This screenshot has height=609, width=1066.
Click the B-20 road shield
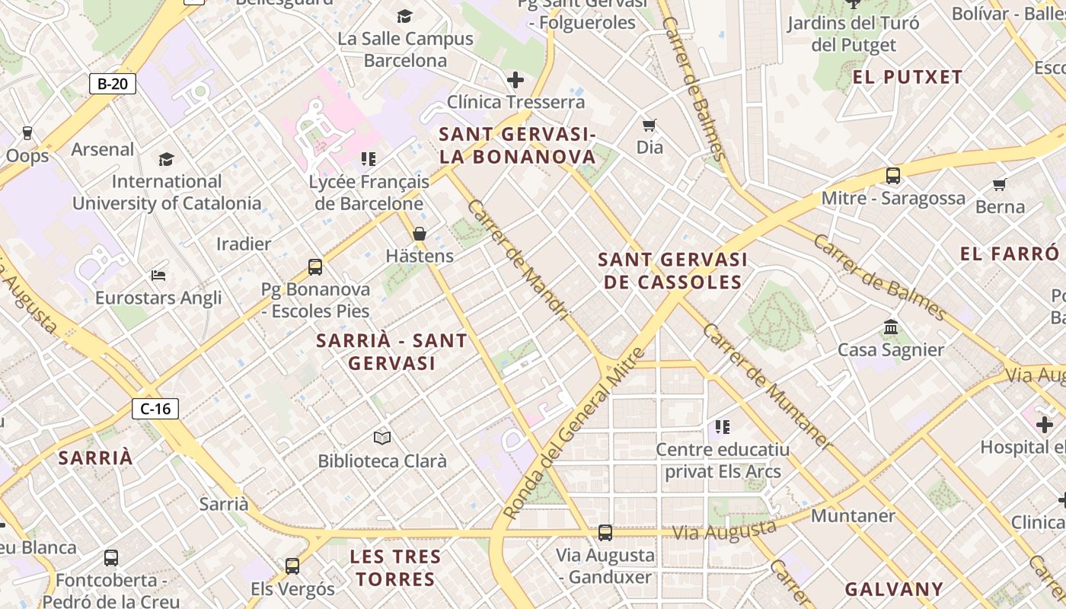point(113,83)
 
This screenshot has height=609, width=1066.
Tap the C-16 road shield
point(155,409)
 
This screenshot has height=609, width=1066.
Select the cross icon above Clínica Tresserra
point(515,79)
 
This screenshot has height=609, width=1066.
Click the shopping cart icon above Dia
point(649,125)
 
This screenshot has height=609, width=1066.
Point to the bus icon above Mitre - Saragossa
point(893,176)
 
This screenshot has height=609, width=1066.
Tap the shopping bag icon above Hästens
point(419,234)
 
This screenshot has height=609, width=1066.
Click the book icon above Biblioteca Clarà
point(382,438)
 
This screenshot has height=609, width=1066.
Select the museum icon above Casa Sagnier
point(890,327)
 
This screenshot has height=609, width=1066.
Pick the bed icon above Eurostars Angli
point(158,275)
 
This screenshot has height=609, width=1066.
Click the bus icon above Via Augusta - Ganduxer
point(605,532)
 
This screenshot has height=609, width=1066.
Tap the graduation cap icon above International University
point(166,158)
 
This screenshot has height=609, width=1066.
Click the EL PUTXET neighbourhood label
point(907,77)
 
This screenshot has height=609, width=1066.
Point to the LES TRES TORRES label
point(395,567)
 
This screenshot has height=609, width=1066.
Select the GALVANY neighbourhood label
point(894,588)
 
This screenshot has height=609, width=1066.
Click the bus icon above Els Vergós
point(292,566)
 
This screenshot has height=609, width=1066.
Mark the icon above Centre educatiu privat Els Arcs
point(723,427)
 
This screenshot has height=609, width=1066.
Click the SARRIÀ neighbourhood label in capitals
point(96,458)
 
